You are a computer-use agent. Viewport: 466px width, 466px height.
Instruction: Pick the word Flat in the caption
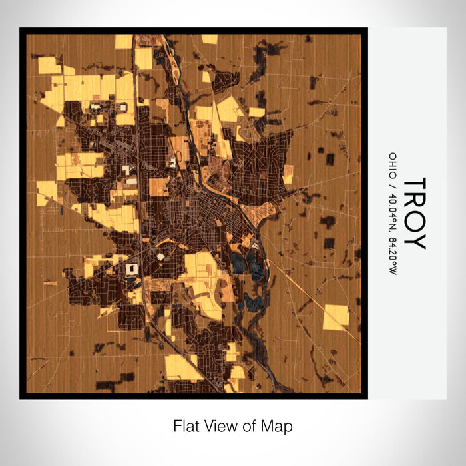[x=186, y=426]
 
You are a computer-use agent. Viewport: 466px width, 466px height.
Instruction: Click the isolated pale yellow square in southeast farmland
[x=336, y=317]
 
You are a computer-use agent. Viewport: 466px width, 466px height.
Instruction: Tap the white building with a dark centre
[x=131, y=269]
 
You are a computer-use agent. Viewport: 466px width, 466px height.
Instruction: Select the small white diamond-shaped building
[x=160, y=254]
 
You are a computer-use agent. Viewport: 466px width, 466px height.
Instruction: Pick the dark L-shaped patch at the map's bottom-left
[x=109, y=382]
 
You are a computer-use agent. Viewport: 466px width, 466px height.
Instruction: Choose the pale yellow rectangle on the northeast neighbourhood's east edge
[x=288, y=174]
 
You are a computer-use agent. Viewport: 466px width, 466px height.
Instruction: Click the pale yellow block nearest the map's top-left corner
[x=49, y=65]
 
